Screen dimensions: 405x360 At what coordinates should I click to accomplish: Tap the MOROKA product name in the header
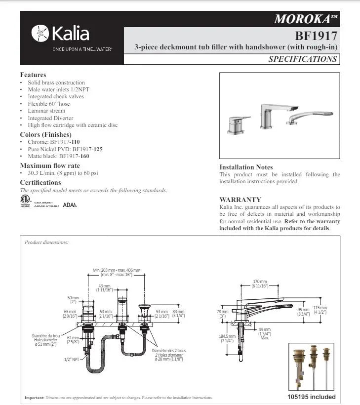pyautogui.click(x=306, y=19)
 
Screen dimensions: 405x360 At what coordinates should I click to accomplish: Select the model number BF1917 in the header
pyautogui.click(x=316, y=36)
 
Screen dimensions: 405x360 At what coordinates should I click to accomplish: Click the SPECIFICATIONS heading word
pyautogui.click(x=303, y=59)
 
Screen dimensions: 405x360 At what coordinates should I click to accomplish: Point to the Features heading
pyautogui.click(x=33, y=75)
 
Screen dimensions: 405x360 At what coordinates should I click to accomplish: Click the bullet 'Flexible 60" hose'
pyautogui.click(x=49, y=104)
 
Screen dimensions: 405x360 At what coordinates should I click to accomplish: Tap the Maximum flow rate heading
pyautogui.click(x=49, y=165)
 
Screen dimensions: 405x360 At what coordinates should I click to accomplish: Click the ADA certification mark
pyautogui.click(x=70, y=204)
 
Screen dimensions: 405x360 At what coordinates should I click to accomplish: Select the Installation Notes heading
pyautogui.click(x=246, y=167)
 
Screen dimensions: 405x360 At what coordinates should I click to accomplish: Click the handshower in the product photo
pyautogui.click(x=307, y=117)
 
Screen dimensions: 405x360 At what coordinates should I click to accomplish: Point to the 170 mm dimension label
pyautogui.click(x=260, y=283)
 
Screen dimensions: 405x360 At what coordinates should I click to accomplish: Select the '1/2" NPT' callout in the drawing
pyautogui.click(x=72, y=359)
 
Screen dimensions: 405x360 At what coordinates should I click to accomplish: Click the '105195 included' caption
pyautogui.click(x=311, y=397)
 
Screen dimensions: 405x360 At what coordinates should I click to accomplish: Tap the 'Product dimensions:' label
pyautogui.click(x=47, y=243)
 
